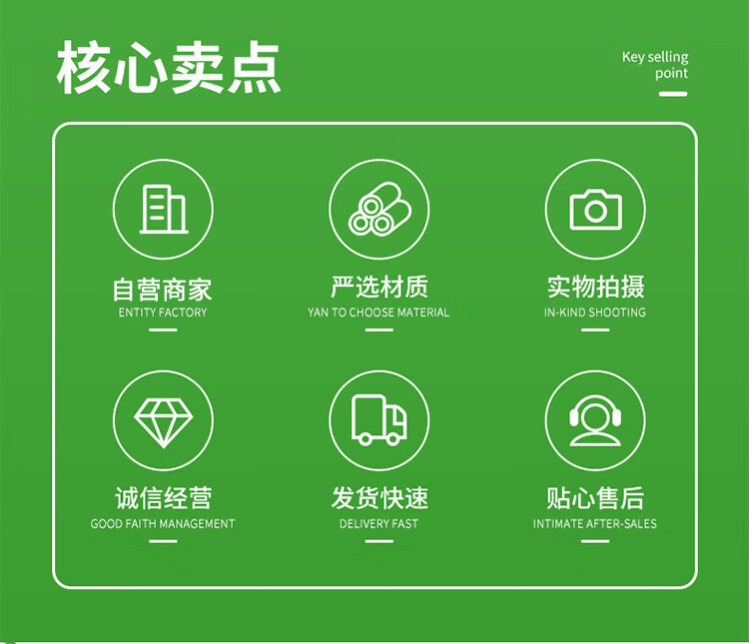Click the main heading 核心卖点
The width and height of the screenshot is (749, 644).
(x=168, y=67)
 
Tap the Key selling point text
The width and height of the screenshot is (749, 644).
(x=655, y=65)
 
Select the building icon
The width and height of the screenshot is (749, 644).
(x=164, y=209)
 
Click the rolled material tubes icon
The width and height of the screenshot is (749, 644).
(x=379, y=210)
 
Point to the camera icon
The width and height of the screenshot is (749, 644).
(x=595, y=210)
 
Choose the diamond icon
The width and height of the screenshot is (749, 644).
(x=164, y=422)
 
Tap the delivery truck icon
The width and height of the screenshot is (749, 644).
(x=379, y=420)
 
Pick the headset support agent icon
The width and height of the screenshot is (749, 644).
(x=595, y=421)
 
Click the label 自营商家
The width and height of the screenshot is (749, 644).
(x=163, y=290)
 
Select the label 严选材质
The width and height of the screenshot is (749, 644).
(x=379, y=287)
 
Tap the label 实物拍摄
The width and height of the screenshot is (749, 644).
(x=595, y=287)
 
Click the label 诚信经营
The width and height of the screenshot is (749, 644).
(x=164, y=498)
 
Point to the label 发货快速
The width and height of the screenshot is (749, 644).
(x=379, y=498)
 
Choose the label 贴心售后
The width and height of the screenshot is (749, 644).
(x=595, y=498)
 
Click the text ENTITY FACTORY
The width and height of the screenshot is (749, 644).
(x=163, y=313)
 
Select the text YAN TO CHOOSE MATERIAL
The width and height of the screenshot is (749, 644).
(x=378, y=313)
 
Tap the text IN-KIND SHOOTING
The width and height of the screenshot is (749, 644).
(x=595, y=313)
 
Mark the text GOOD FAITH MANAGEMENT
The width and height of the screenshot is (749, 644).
(x=163, y=524)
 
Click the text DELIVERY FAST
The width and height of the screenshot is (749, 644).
(x=378, y=524)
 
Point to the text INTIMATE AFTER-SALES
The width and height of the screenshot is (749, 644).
(x=595, y=524)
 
